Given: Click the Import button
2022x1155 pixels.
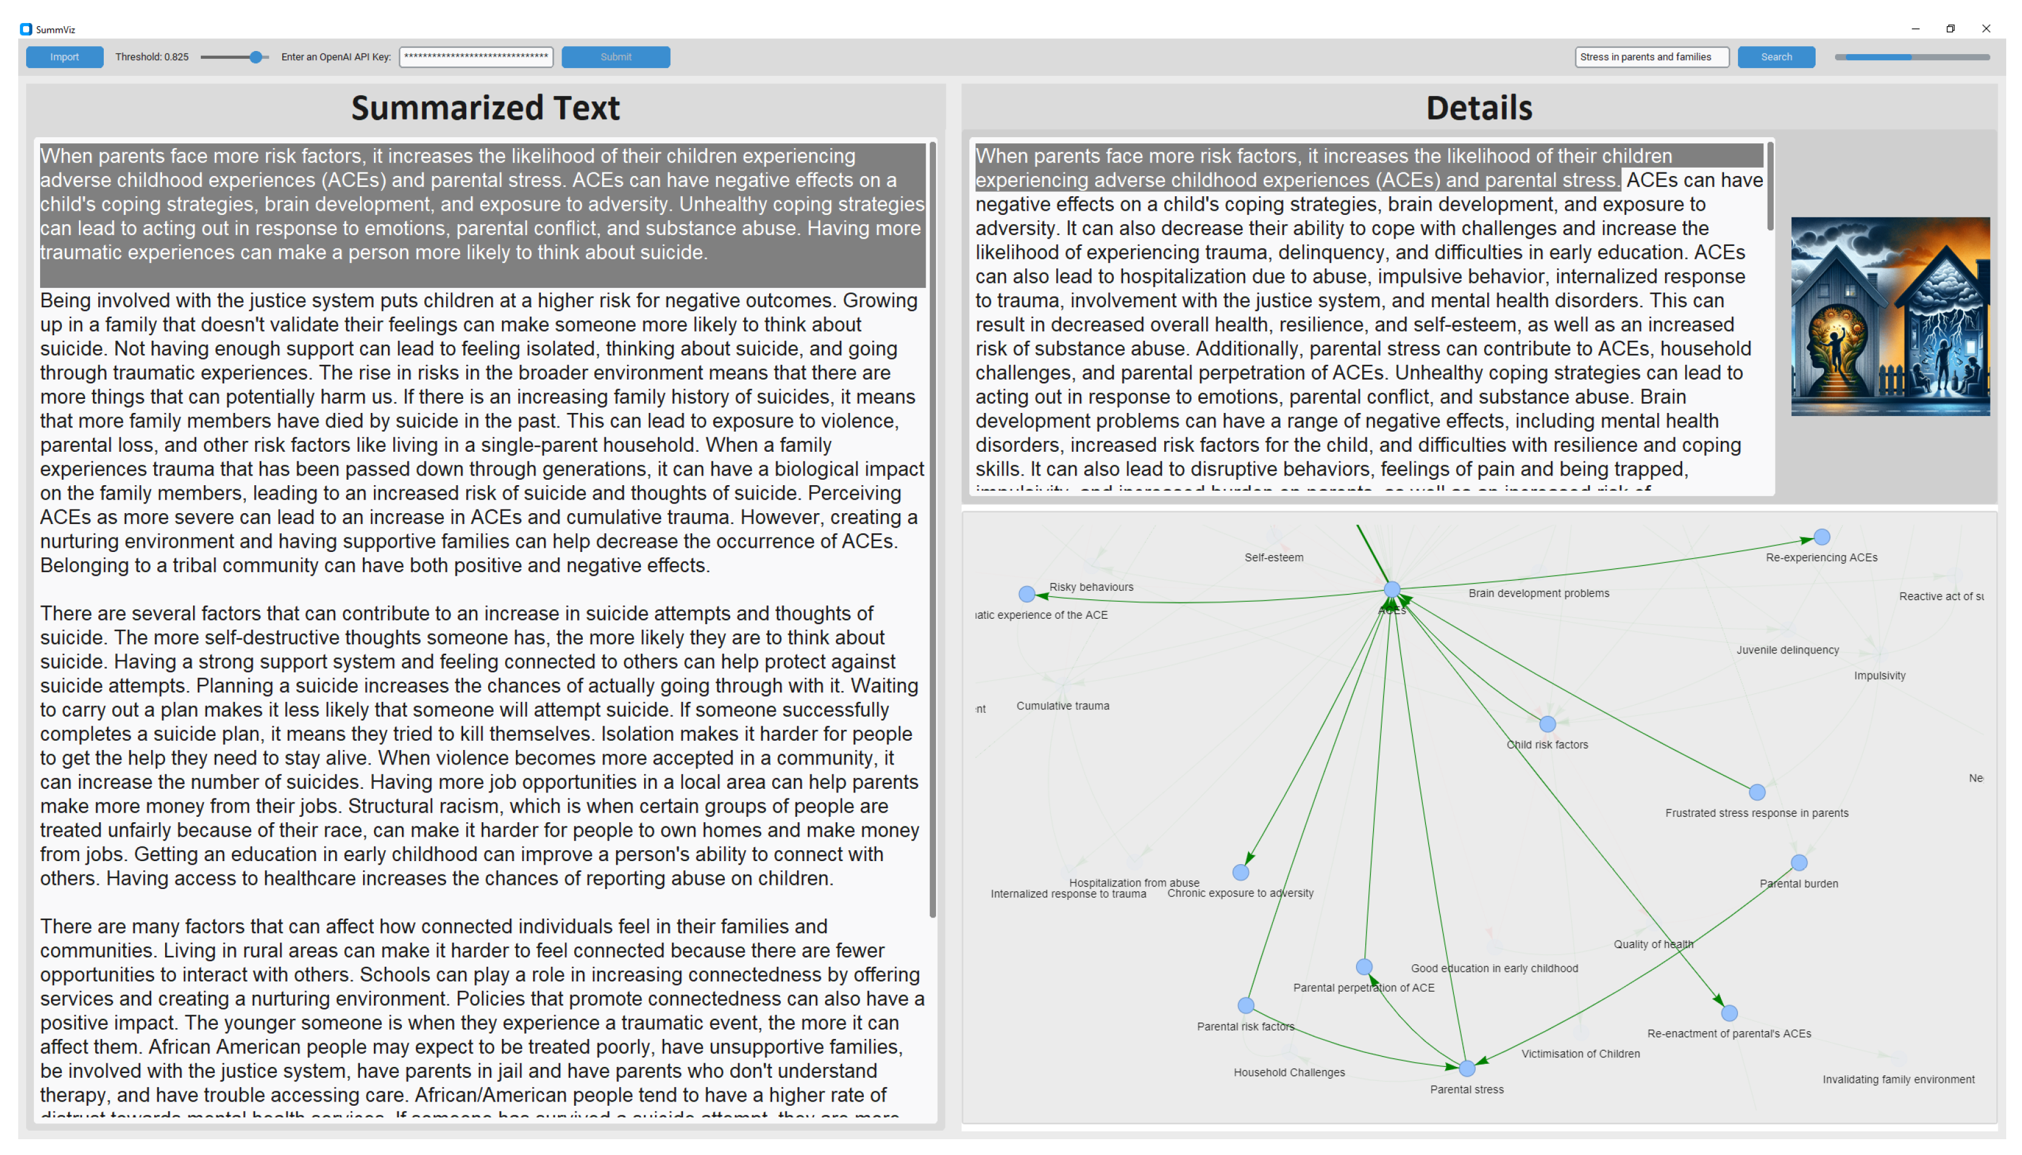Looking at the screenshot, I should click(x=64, y=57).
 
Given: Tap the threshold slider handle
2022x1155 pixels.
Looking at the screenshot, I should click(x=256, y=57).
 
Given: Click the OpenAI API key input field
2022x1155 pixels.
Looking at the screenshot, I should click(x=476, y=57).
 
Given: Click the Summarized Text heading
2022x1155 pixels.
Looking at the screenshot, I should click(x=485, y=108).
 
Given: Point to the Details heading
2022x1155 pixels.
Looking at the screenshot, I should click(x=1478, y=108).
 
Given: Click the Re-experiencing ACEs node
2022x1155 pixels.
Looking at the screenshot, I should click(x=1822, y=537).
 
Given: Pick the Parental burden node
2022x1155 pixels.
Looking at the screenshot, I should click(x=1799, y=862).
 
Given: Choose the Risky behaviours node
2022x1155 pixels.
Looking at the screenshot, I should click(x=1026, y=593).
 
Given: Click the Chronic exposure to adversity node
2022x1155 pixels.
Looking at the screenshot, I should click(x=1240, y=873).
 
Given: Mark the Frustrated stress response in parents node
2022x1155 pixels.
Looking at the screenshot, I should click(x=1756, y=792).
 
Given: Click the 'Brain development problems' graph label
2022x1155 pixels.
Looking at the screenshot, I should click(x=1538, y=593).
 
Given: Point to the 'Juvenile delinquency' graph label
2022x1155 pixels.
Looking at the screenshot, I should click(x=1786, y=650).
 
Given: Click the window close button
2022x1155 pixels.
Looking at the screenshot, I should click(x=1986, y=29).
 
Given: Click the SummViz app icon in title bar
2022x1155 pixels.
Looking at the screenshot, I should click(x=26, y=29).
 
